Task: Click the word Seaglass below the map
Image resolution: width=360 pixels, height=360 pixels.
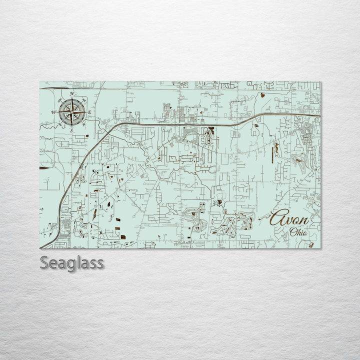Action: pyautogui.click(x=72, y=262)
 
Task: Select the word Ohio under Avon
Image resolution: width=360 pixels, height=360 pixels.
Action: pyautogui.click(x=299, y=232)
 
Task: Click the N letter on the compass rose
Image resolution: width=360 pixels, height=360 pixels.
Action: pyautogui.click(x=72, y=94)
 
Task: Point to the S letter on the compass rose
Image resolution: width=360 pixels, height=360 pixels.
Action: pyautogui.click(x=71, y=130)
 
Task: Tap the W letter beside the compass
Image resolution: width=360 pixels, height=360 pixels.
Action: pyautogui.click(x=53, y=112)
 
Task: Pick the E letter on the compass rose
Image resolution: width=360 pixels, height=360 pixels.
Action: pyautogui.click(x=90, y=112)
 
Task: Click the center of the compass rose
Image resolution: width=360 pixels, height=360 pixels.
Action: pyautogui.click(x=72, y=112)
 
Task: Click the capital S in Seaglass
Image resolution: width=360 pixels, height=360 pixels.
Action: pyautogui.click(x=44, y=262)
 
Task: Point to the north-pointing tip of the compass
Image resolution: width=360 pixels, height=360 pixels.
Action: pyautogui.click(x=72, y=97)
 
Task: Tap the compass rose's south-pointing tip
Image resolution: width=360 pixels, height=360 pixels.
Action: pyautogui.click(x=72, y=126)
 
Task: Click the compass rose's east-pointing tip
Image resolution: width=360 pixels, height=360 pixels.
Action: pyautogui.click(x=86, y=112)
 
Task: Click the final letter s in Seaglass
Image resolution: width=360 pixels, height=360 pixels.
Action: pyautogui.click(x=100, y=263)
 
